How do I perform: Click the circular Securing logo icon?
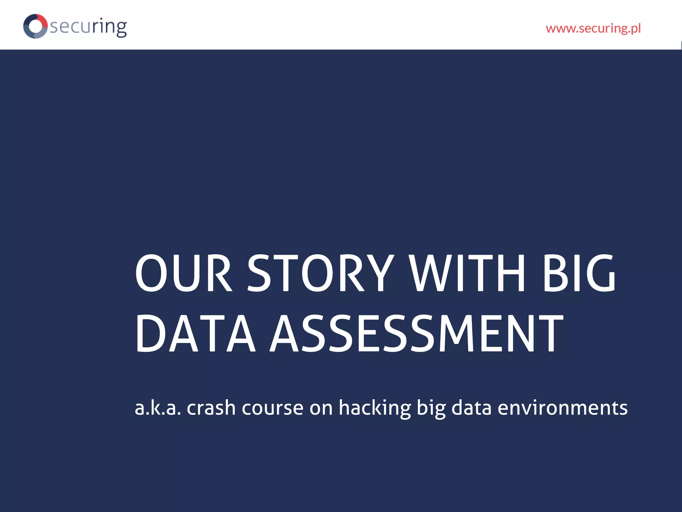[35, 26]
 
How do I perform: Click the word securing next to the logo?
[88, 27]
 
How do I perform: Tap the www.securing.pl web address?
[593, 28]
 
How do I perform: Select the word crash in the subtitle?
[211, 408]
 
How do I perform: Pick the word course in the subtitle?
[272, 408]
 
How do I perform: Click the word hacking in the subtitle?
[375, 408]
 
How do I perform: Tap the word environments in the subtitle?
[562, 408]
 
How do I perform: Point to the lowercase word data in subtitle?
[471, 408]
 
